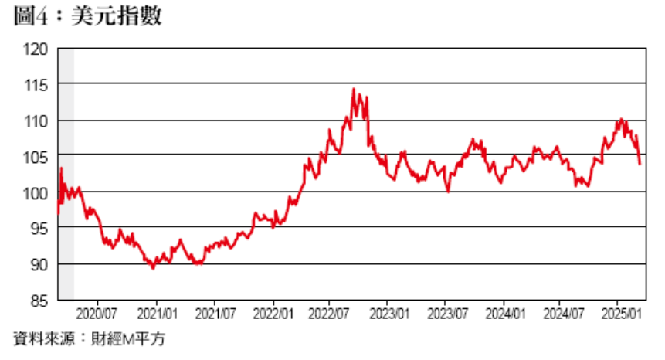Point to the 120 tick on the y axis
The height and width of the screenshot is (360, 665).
pos(36,49)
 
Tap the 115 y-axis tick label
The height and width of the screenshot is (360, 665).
pos(36,85)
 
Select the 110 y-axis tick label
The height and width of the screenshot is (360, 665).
pos(36,121)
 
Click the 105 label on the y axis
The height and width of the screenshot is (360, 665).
pos(36,157)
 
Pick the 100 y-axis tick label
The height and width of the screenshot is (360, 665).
pos(36,193)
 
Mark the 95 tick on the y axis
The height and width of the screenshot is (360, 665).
pos(39,229)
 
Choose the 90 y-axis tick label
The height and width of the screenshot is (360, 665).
pos(39,264)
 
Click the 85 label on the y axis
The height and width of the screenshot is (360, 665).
pos(39,300)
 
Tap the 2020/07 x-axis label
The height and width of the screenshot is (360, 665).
pos(98,315)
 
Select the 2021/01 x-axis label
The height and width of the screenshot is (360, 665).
pos(157,315)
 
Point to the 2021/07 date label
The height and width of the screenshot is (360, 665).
pos(214,315)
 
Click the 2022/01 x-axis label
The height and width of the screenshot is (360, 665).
pos(273,315)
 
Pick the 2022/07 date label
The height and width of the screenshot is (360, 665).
pos(330,315)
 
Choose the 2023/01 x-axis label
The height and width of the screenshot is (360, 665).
pos(389,315)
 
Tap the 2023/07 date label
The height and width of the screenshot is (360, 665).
pos(446,315)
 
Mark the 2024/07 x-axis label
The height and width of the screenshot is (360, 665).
pos(562,315)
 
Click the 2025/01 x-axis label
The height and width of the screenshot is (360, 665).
pos(621,315)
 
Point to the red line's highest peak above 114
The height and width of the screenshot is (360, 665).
pos(353,89)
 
